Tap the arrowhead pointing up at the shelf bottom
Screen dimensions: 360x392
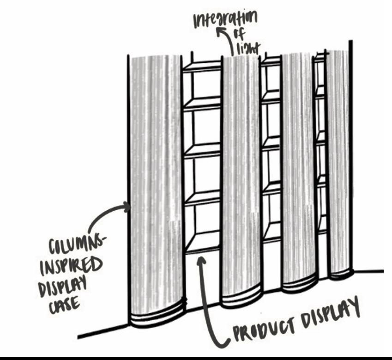point(201,260)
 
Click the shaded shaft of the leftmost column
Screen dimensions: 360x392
point(155,185)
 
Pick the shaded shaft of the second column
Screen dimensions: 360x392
point(240,176)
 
